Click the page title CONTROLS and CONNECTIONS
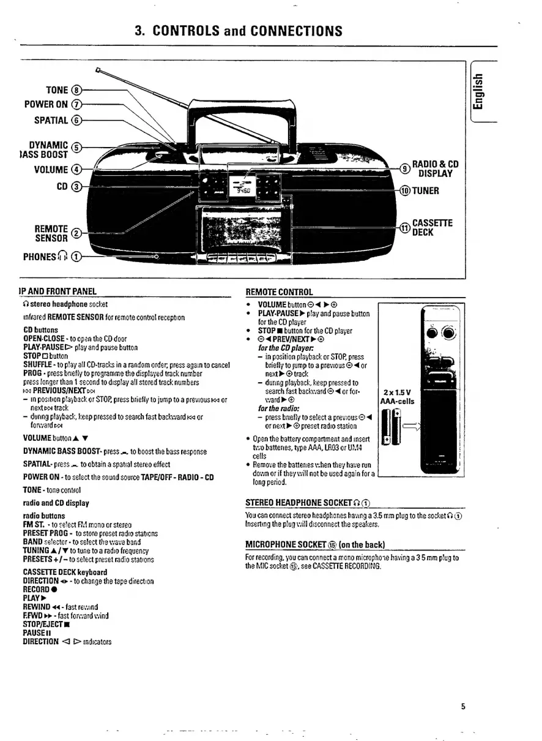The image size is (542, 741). point(239,31)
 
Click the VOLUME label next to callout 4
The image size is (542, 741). point(54,170)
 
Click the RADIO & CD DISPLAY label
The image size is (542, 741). point(437,168)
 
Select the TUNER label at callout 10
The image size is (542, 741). point(426,190)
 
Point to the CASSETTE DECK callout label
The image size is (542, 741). point(432,227)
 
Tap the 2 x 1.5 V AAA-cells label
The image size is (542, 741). point(398,396)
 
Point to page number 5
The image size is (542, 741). point(464,706)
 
